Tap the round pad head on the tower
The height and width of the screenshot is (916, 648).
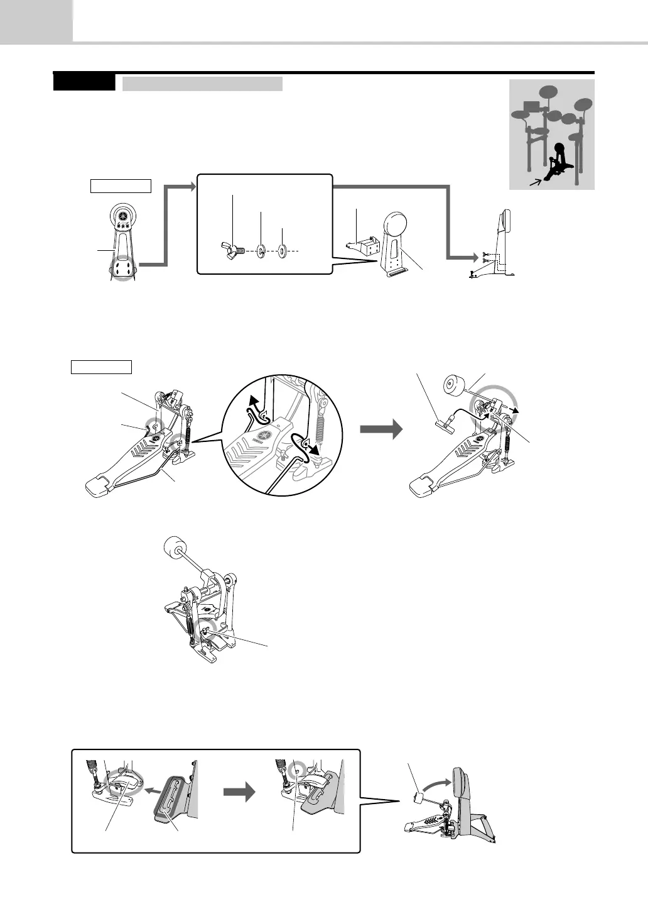tap(396, 224)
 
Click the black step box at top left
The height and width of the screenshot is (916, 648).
tap(84, 82)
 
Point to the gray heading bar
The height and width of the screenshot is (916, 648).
tap(202, 84)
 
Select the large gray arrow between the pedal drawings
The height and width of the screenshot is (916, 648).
tap(380, 431)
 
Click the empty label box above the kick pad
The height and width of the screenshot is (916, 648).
tap(121, 185)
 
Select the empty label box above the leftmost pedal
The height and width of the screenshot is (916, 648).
tap(101, 367)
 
